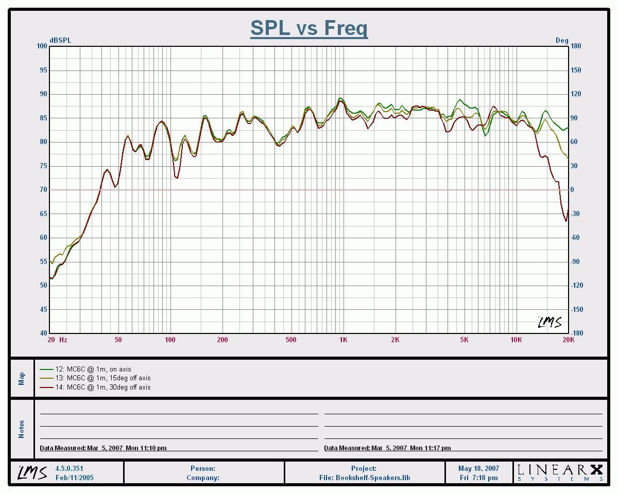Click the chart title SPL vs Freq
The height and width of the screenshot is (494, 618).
[x=309, y=28]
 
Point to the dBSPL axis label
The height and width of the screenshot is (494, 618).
[x=60, y=40]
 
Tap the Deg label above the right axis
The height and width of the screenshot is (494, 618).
[x=561, y=40]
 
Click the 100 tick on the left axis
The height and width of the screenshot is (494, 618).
[x=41, y=46]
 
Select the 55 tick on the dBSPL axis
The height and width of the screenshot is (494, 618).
[x=43, y=261]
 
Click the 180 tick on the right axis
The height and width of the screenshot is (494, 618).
[x=576, y=46]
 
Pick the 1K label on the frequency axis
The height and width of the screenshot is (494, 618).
[x=343, y=340]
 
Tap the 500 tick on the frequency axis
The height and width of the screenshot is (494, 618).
[x=291, y=340]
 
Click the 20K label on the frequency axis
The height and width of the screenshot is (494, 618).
[x=568, y=340]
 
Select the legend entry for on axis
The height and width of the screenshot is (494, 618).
[x=93, y=369]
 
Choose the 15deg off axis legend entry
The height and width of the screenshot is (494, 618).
[x=103, y=378]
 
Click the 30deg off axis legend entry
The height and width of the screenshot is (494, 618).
[x=103, y=387]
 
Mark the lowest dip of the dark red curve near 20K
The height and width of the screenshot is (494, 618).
[x=566, y=221]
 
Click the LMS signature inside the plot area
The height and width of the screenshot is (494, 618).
[x=550, y=322]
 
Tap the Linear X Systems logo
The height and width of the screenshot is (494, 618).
[x=560, y=471]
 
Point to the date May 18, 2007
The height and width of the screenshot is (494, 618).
[x=478, y=469]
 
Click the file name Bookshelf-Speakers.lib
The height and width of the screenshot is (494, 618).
[x=364, y=478]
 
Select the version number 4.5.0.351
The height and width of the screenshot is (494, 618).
[x=69, y=469]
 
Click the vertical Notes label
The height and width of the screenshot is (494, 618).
[x=22, y=429]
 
